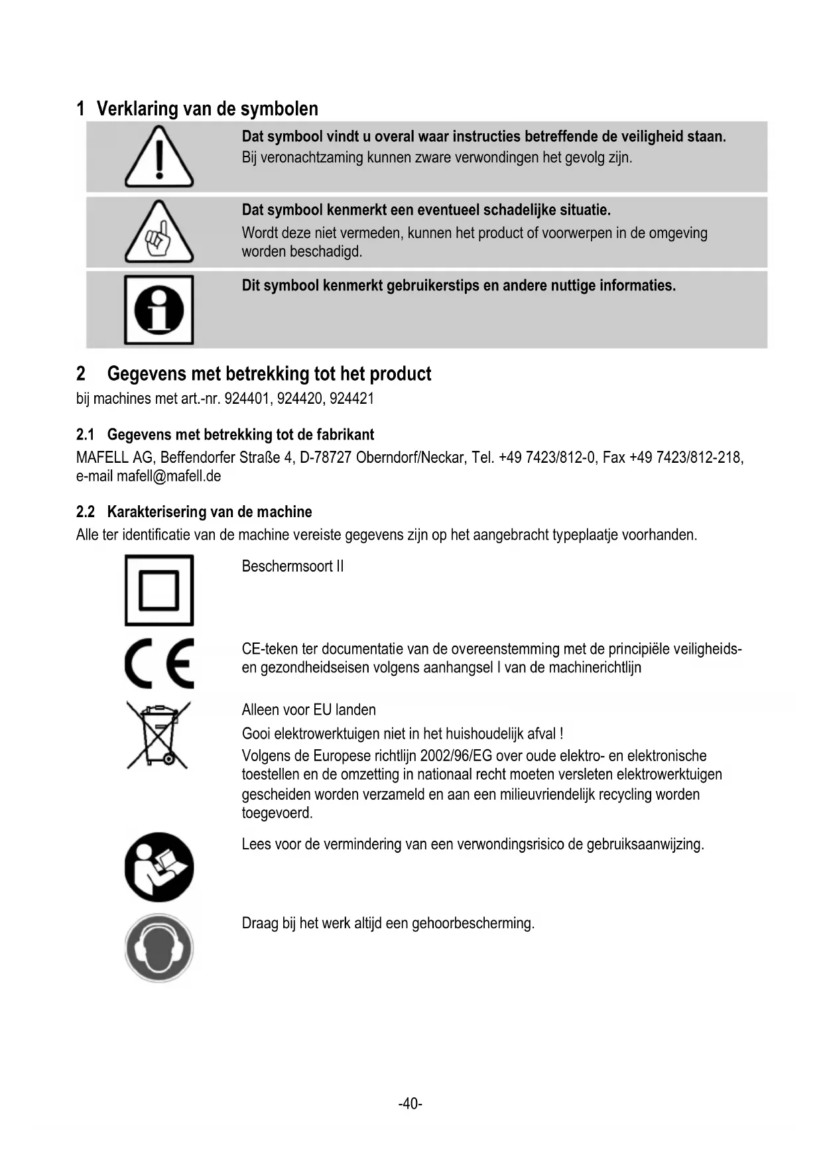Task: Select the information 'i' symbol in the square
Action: [x=159, y=310]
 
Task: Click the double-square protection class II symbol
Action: [x=159, y=590]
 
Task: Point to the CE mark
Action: [x=159, y=664]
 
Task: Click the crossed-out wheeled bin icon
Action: [x=158, y=735]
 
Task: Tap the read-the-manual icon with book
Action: [x=159, y=867]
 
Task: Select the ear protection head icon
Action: [x=159, y=948]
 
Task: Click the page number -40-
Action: [x=411, y=1103]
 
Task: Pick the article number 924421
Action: [x=351, y=399]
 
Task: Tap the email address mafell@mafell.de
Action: [x=168, y=476]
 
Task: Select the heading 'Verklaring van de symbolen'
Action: [x=207, y=109]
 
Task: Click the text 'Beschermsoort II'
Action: [x=292, y=566]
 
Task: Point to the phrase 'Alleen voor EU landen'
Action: [x=308, y=710]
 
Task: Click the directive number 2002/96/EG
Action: [x=456, y=756]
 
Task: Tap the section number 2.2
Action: [x=86, y=512]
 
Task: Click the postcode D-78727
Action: [x=325, y=458]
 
